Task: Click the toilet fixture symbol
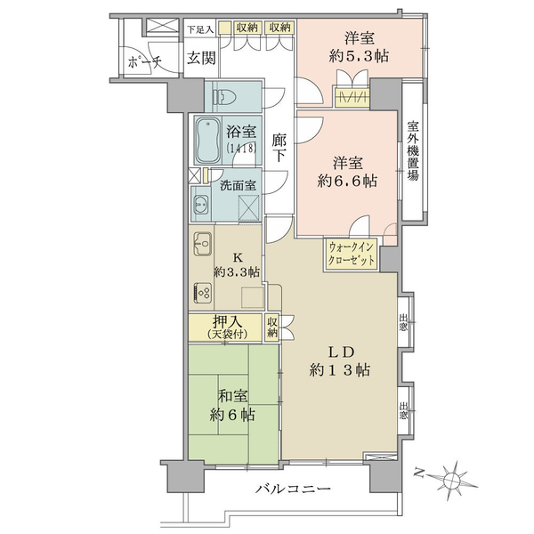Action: click(x=224, y=97)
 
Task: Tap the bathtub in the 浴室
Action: click(x=209, y=141)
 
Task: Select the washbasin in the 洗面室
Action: click(x=201, y=205)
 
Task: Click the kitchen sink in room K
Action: click(x=203, y=244)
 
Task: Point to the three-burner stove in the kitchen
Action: click(x=203, y=293)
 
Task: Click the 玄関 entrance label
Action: click(x=201, y=58)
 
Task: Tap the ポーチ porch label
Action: click(x=144, y=62)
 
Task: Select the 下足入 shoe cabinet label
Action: click(x=200, y=30)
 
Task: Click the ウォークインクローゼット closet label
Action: click(x=352, y=254)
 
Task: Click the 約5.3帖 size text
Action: click(x=359, y=56)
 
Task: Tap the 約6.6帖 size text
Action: click(x=347, y=181)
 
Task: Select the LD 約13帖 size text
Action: click(x=340, y=370)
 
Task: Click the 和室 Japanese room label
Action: click(x=232, y=396)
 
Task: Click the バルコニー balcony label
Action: click(x=293, y=489)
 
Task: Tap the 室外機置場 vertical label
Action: click(x=413, y=151)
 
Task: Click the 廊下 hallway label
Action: click(x=279, y=148)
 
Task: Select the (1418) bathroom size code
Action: click(x=241, y=149)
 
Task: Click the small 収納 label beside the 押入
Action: click(x=272, y=327)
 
